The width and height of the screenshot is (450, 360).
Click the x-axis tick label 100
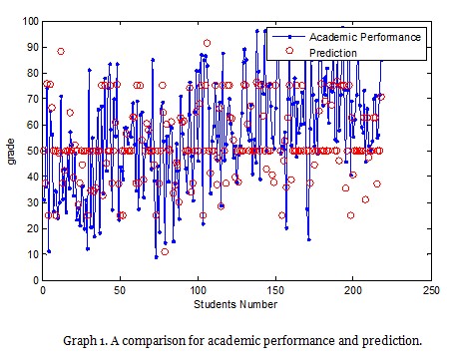point(198,292)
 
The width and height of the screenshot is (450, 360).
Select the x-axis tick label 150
point(275,292)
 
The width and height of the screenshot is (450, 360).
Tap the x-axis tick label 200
point(353,292)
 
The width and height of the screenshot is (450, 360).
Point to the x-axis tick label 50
point(120,292)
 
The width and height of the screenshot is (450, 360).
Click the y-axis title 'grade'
point(12,151)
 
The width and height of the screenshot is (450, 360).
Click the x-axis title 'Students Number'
point(236,304)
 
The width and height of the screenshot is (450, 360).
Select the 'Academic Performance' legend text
point(369,37)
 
